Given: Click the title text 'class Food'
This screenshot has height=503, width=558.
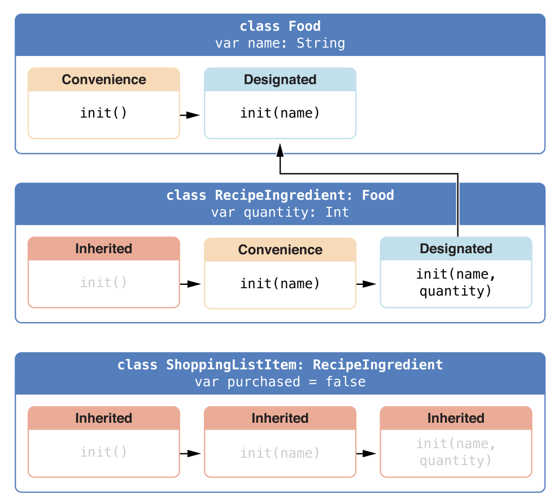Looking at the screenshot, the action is click(280, 26).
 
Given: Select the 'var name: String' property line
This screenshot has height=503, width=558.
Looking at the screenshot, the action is click(280, 43).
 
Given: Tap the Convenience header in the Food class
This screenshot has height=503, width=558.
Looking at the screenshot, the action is click(104, 80).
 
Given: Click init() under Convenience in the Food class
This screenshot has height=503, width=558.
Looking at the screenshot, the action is click(103, 113).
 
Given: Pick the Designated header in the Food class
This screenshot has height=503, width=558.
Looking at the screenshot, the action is click(280, 80).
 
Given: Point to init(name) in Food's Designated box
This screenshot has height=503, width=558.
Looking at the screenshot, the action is click(280, 113).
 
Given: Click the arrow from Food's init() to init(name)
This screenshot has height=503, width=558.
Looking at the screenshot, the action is click(190, 115).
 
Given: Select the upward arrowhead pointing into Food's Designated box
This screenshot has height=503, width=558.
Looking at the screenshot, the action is click(280, 150).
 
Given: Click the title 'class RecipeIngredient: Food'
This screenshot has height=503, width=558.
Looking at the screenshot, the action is click(280, 195).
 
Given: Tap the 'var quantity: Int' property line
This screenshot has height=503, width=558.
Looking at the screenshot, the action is click(280, 213).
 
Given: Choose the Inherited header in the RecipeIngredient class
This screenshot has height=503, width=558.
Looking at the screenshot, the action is click(104, 249).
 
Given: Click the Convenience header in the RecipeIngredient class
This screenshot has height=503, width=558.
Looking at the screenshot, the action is click(280, 250).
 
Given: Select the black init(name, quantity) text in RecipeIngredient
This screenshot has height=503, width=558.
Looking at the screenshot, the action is click(456, 283).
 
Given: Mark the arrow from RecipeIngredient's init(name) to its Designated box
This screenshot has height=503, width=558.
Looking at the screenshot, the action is click(366, 284).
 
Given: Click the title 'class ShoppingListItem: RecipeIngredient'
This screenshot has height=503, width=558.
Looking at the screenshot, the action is click(280, 365).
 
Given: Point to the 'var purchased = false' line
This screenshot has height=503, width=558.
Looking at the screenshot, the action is click(280, 382).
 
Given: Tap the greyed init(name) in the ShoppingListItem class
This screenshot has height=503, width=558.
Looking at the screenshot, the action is click(280, 453).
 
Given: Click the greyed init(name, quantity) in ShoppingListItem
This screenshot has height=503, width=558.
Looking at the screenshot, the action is click(456, 452).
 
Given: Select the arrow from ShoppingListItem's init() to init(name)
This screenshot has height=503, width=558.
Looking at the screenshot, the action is click(190, 453).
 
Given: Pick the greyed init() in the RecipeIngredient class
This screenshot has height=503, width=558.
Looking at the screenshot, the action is click(103, 283).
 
